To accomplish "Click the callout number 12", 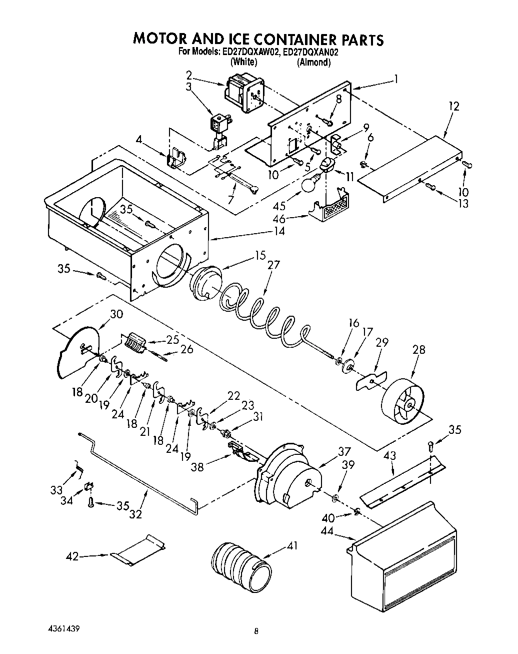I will [x=453, y=106].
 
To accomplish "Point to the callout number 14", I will [x=278, y=231].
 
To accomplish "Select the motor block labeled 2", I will [x=242, y=93].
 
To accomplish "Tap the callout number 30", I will [x=116, y=314].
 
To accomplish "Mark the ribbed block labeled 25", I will [x=134, y=344].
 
